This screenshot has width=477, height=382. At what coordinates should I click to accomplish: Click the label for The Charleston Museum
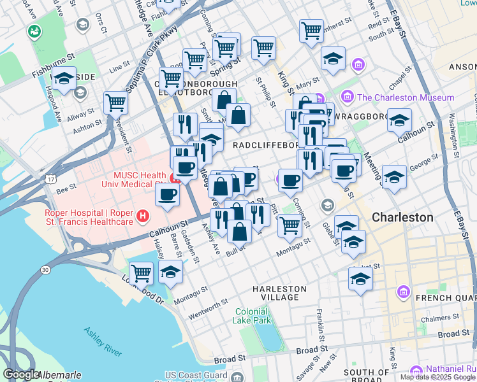[406, 97]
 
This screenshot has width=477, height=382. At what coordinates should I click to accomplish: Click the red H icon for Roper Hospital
[143, 216]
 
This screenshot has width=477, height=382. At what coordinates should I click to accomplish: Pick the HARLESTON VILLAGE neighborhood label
[279, 293]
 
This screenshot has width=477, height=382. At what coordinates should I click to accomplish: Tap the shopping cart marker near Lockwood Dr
[141, 273]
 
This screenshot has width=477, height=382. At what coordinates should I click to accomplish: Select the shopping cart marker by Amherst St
[311, 29]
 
